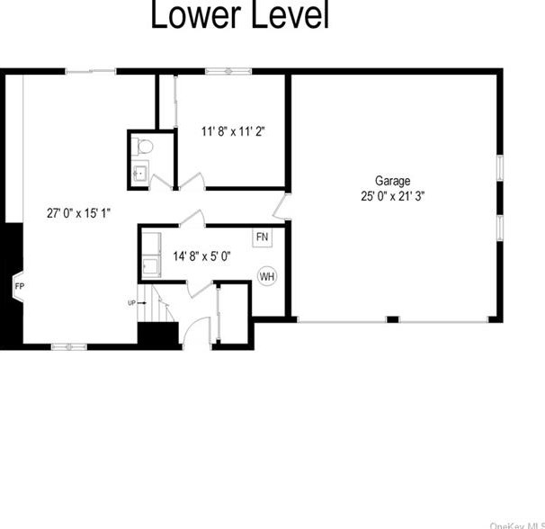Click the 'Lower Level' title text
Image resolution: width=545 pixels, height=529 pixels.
pyautogui.click(x=239, y=16)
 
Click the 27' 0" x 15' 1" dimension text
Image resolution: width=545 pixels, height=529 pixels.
pyautogui.click(x=79, y=213)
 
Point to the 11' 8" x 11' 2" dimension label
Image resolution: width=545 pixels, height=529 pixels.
pyautogui.click(x=232, y=130)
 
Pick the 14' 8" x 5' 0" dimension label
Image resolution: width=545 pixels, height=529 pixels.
pyautogui.click(x=201, y=256)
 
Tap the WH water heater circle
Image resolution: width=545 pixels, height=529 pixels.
pyautogui.click(x=267, y=276)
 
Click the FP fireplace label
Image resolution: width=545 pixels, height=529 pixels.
pyautogui.click(x=19, y=287)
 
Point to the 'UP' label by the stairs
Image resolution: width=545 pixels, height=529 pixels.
pyautogui.click(x=131, y=302)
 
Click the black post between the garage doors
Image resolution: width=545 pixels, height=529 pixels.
pyautogui.click(x=391, y=318)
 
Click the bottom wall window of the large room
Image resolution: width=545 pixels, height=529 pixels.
pyautogui.click(x=67, y=345)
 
